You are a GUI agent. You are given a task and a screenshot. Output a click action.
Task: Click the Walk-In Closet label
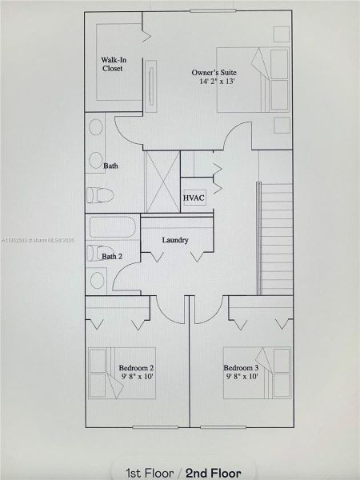pyautogui.click(x=112, y=64)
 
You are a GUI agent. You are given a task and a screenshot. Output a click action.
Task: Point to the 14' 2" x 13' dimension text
pyautogui.click(x=213, y=82)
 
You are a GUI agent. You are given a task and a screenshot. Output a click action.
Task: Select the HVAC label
pyautogui.click(x=194, y=198)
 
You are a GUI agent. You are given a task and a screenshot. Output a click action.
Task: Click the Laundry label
pyautogui.click(x=174, y=240)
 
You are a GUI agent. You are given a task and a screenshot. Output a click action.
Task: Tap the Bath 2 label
pyautogui.click(x=112, y=257)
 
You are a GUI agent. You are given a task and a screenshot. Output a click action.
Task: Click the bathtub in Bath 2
pyautogui.click(x=112, y=226)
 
